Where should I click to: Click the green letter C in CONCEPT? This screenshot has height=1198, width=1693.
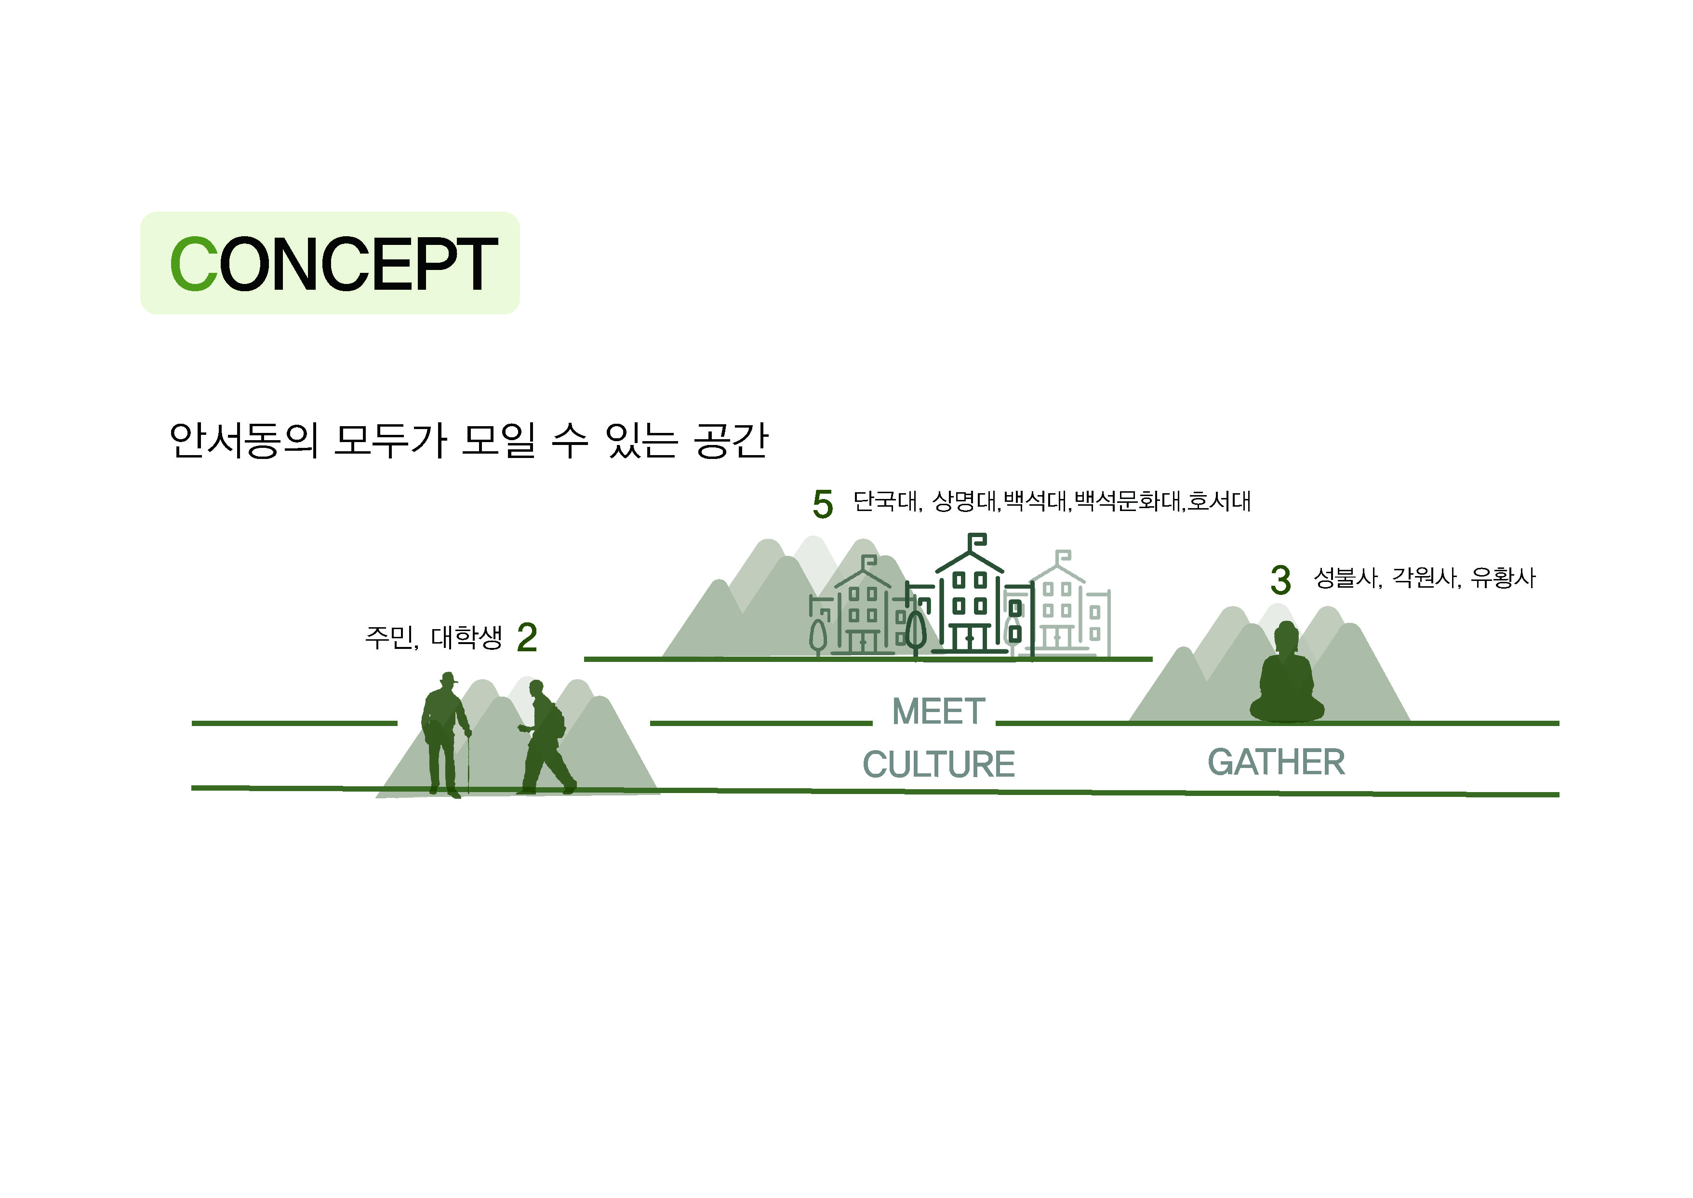pos(193,264)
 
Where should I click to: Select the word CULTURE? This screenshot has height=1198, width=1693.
pos(939,764)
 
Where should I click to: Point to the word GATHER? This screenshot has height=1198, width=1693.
pos(1277,762)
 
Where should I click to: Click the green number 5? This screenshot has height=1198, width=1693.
pos(823,505)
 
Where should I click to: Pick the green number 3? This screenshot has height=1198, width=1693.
pos(1281,580)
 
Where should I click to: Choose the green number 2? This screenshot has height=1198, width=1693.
pos(527,637)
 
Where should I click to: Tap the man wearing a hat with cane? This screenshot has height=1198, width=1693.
pos(445,734)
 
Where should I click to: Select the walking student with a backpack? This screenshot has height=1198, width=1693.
pos(546,738)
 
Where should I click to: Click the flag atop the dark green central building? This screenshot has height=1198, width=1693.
pos(977,542)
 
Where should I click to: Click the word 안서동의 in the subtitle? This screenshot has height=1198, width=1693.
pos(243,441)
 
